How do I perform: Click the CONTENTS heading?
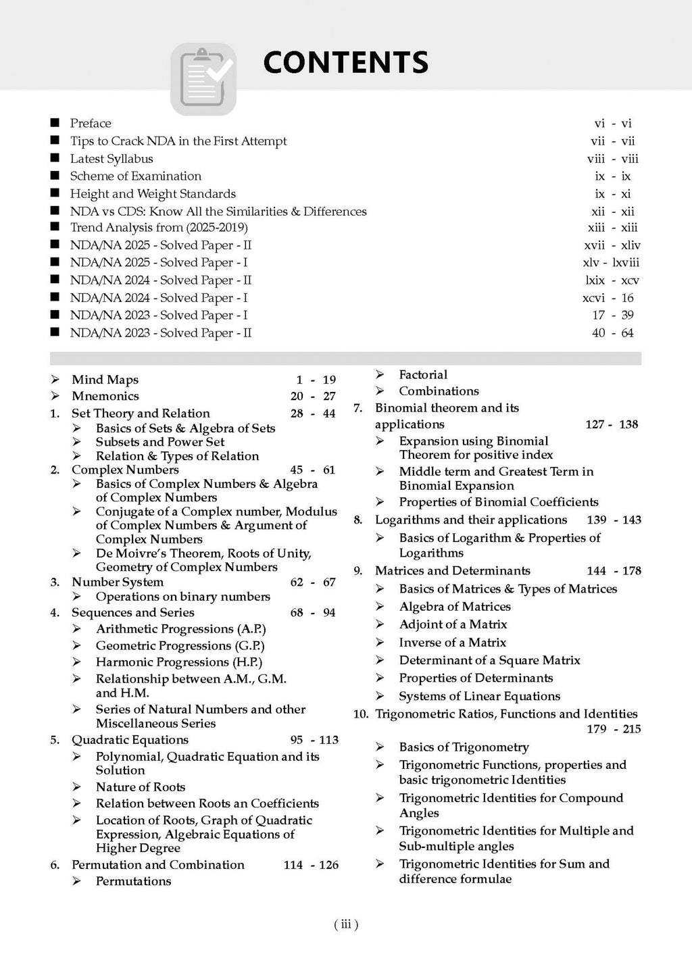click(345, 62)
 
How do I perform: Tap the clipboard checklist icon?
click(203, 78)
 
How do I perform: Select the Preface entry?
click(91, 123)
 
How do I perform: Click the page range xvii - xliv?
click(611, 245)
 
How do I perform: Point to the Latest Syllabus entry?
click(112, 159)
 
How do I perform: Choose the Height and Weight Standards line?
click(153, 194)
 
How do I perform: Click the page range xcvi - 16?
click(608, 298)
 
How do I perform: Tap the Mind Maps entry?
click(105, 380)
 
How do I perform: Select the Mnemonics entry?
click(105, 396)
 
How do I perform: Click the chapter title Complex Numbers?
click(125, 470)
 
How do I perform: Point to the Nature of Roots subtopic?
click(140, 787)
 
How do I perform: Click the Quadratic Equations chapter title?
click(130, 740)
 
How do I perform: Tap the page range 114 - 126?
click(311, 865)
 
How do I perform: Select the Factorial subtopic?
click(423, 374)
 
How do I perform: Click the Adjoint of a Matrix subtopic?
click(453, 624)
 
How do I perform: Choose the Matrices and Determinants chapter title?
click(453, 571)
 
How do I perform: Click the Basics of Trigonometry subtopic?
click(464, 747)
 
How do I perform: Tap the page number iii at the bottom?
click(346, 925)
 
